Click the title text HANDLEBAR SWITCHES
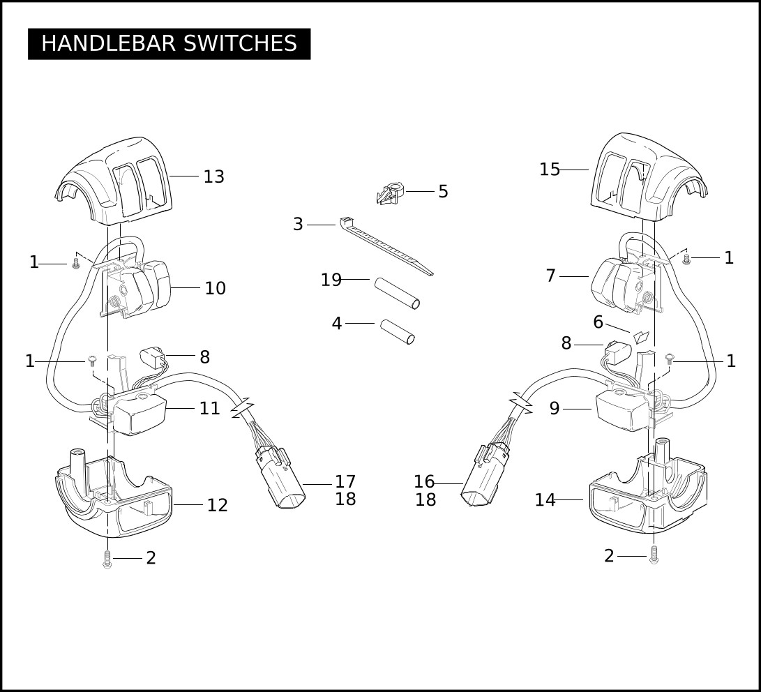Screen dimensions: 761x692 pyautogui.click(x=169, y=44)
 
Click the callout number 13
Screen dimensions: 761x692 pyautogui.click(x=213, y=176)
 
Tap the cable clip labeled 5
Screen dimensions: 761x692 pyautogui.click(x=391, y=194)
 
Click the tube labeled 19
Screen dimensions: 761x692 pyautogui.click(x=396, y=292)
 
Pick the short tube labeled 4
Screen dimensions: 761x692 pyautogui.click(x=398, y=332)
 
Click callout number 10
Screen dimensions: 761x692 pyautogui.click(x=215, y=288)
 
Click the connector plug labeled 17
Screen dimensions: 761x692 pyautogui.click(x=280, y=478)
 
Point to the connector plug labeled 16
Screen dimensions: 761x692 pyautogui.click(x=485, y=476)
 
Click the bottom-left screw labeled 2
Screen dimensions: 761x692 pyautogui.click(x=107, y=559)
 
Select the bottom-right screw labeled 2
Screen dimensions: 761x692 pyautogui.click(x=654, y=555)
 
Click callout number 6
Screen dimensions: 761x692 pyautogui.click(x=598, y=322)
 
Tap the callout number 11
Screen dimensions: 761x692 pyautogui.click(x=210, y=409)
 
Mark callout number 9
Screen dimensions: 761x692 pyautogui.click(x=555, y=409)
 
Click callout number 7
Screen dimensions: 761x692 pyautogui.click(x=550, y=276)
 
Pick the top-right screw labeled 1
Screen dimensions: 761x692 pyautogui.click(x=686, y=259)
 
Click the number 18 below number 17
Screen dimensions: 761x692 pyautogui.click(x=345, y=499)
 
